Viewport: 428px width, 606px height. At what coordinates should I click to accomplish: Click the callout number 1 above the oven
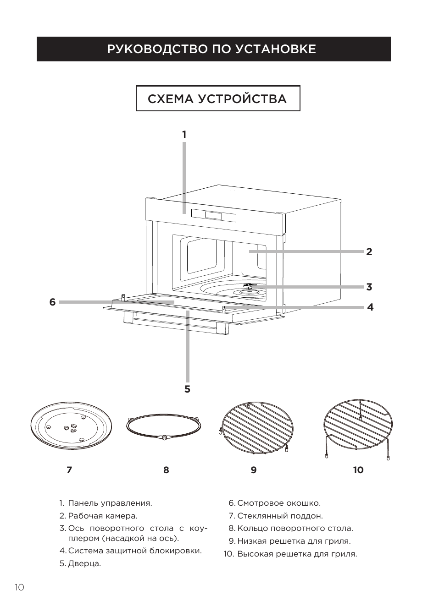pyautogui.click(x=184, y=135)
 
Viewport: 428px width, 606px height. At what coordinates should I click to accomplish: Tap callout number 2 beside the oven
pyautogui.click(x=369, y=251)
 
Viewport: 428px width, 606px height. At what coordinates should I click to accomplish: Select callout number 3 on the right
pyautogui.click(x=369, y=287)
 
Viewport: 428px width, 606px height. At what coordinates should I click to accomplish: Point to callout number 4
pyautogui.click(x=370, y=307)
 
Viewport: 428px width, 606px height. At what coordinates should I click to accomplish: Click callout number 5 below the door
pyautogui.click(x=187, y=389)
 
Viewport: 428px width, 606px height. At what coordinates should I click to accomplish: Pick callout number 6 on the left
pyautogui.click(x=52, y=302)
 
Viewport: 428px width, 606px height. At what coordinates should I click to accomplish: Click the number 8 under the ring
pyautogui.click(x=166, y=470)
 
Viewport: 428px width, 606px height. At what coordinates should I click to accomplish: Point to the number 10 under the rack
pyautogui.click(x=358, y=470)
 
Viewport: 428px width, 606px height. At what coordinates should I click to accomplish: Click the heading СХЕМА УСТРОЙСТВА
pyautogui.click(x=217, y=99)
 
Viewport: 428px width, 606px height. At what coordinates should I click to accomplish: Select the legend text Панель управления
pyautogui.click(x=110, y=503)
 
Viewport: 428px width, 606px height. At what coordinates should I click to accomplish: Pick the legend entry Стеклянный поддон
pyautogui.click(x=280, y=516)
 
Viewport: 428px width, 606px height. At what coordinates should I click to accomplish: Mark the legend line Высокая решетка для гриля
pyautogui.click(x=297, y=554)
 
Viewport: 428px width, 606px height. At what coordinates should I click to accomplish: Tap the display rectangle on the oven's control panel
pyautogui.click(x=214, y=215)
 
